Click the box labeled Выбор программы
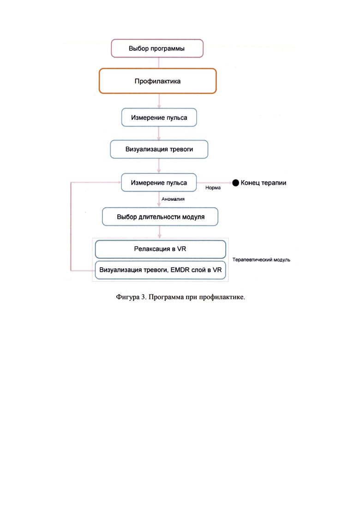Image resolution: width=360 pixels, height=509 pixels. click(x=157, y=48)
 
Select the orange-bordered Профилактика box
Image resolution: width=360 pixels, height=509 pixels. click(x=158, y=81)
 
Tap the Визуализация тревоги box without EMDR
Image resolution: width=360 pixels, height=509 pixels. click(x=159, y=150)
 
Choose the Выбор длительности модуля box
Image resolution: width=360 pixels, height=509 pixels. click(x=160, y=216)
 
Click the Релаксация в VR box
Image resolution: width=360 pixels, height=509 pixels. click(x=160, y=249)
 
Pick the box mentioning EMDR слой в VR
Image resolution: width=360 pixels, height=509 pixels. click(x=160, y=270)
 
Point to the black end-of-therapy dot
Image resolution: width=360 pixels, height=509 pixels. click(x=236, y=183)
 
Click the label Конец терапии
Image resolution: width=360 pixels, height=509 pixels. click(x=264, y=183)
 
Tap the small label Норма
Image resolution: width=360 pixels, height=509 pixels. click(x=213, y=188)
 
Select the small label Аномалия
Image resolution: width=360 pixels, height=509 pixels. click(x=173, y=199)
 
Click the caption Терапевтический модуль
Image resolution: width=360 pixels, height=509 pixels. click(x=261, y=260)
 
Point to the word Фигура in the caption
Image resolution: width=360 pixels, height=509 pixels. click(x=127, y=297)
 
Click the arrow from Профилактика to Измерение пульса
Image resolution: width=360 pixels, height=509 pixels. click(x=159, y=101)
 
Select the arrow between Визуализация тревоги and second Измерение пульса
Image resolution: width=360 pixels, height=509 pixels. click(x=159, y=166)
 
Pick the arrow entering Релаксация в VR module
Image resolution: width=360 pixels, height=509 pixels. click(x=159, y=232)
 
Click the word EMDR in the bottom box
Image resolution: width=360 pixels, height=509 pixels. click(x=180, y=270)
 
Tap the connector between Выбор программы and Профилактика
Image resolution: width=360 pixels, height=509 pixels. click(x=159, y=63)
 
